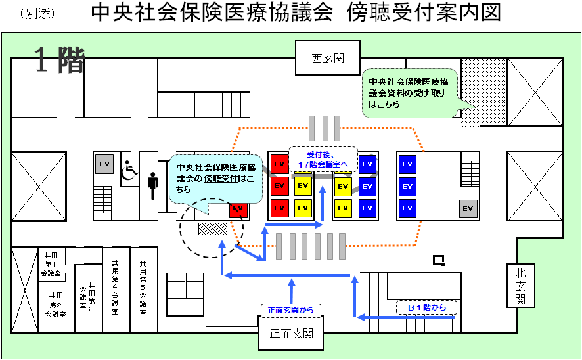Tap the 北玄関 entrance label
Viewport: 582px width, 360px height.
520,286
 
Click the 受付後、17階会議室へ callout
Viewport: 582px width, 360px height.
322,158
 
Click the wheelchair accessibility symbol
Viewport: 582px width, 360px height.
129,170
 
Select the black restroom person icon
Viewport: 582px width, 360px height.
153,186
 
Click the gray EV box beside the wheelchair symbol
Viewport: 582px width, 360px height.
103,164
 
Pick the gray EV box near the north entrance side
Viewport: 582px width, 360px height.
468,208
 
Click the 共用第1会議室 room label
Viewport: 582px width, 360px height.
51,263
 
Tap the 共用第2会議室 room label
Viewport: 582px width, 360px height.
56,305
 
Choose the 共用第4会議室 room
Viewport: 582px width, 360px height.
116,288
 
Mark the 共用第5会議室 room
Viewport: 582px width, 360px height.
143,288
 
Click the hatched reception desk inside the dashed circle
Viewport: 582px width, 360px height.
213,229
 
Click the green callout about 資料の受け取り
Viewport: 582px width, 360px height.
409,93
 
